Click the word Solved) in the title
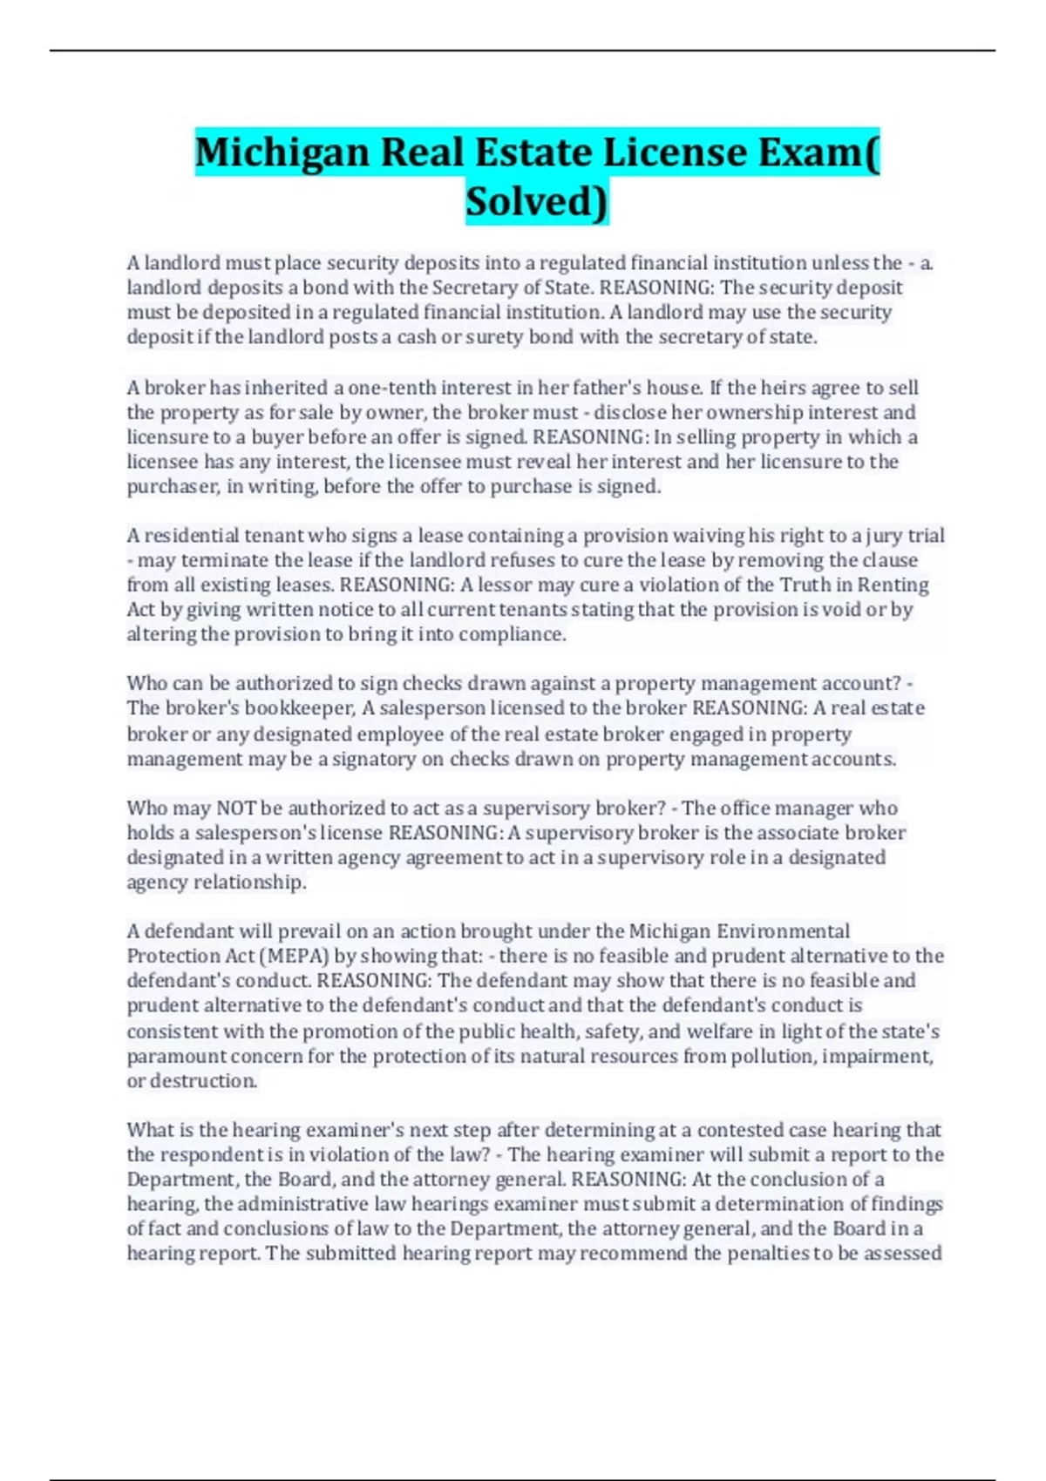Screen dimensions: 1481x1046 click(537, 201)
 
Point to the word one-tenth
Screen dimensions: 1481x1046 click(391, 388)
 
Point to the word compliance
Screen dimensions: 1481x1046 click(512, 634)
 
